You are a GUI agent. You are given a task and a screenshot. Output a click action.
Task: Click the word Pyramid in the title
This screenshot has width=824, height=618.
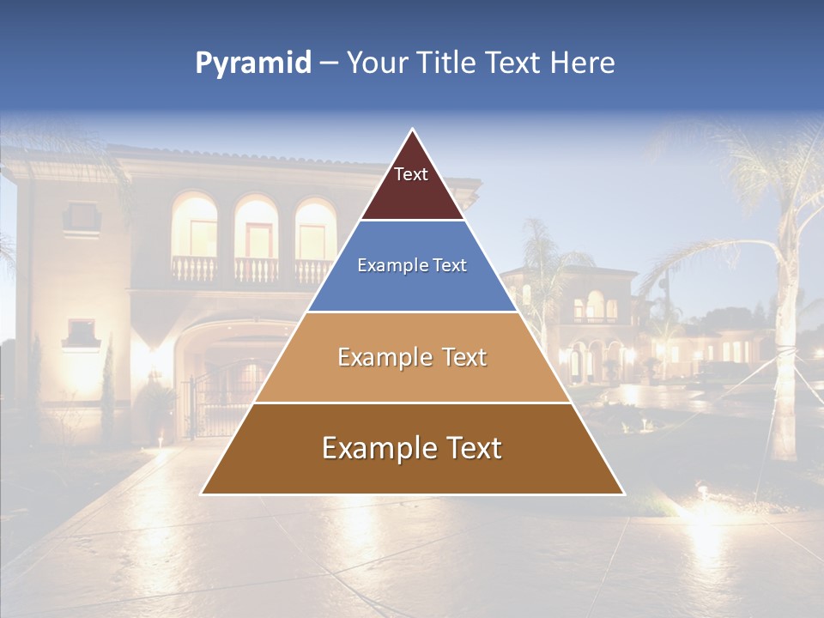coord(252,63)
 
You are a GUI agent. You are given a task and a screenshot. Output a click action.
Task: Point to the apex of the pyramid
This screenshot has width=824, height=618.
coord(412,130)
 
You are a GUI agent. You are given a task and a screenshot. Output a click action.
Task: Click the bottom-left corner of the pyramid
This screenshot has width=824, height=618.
coord(203,494)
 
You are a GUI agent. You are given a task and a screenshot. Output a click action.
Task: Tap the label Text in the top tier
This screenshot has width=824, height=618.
coord(411,174)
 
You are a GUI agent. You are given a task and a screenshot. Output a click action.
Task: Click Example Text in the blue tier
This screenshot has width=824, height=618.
coord(412,265)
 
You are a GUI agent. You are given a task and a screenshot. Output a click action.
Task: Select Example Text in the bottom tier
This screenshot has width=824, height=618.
coord(412,448)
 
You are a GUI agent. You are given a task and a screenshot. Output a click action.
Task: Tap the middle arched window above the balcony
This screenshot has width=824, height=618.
coord(257,227)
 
